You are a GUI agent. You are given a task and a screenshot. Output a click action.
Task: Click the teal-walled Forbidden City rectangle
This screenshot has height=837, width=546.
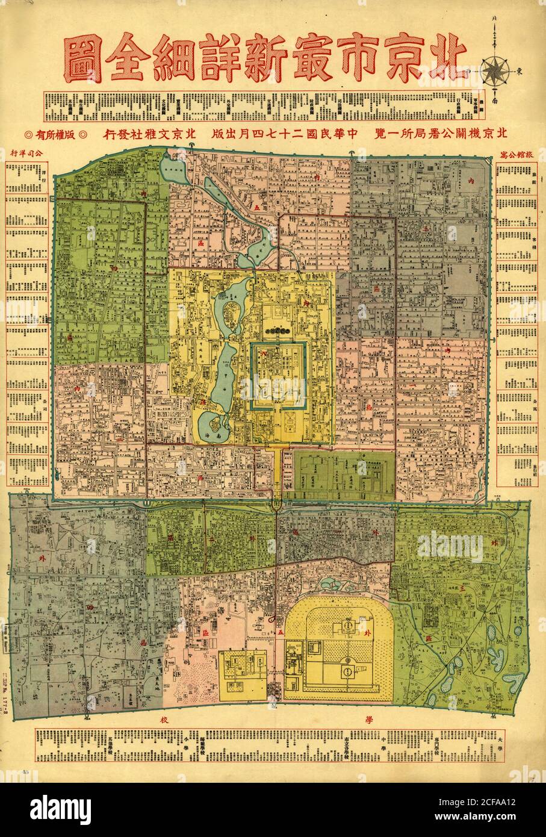(x=279, y=376)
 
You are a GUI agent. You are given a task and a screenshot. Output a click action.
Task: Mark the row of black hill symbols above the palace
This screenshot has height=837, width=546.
(x=278, y=331)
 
